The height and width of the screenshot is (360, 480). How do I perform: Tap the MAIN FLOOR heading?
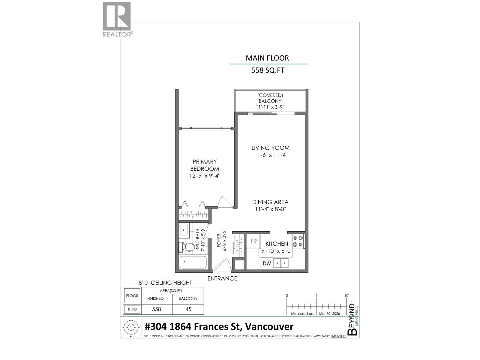[x=267, y=58]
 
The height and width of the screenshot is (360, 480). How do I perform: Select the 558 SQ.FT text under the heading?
[x=268, y=70]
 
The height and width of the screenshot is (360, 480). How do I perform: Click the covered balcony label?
[x=270, y=101]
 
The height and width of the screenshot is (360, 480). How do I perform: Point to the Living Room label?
[x=270, y=148]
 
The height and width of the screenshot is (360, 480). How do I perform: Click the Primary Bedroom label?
[x=205, y=165]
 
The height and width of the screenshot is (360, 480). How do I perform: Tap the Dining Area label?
[x=270, y=202]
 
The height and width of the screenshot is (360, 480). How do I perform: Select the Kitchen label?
[x=277, y=244]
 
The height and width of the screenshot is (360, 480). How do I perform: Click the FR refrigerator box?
[x=253, y=241]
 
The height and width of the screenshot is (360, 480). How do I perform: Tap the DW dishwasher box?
[x=267, y=264]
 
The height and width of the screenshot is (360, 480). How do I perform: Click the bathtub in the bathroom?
[x=193, y=263]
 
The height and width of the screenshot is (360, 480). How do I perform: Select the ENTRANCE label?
[x=222, y=278]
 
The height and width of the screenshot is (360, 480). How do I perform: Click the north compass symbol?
[x=131, y=327]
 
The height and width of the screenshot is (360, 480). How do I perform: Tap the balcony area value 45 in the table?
[x=188, y=309]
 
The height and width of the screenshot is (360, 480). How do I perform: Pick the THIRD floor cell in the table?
[x=132, y=309]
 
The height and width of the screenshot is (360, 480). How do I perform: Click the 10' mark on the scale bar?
[x=346, y=296]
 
